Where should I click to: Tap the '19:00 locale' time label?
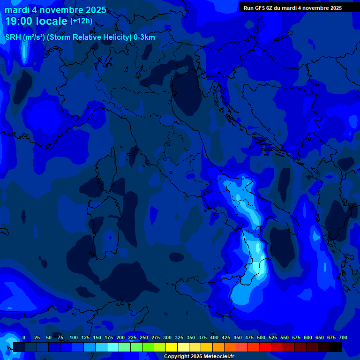point(37,21)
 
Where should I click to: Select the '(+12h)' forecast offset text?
point(81,21)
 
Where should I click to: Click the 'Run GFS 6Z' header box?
point(292,8)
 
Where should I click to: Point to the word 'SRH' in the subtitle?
point(13,37)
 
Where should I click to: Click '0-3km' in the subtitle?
point(144,37)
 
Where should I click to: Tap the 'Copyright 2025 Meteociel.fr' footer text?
point(199,357)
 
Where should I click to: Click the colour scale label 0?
point(24,338)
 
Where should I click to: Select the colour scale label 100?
point(74,338)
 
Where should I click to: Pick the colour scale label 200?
point(120,338)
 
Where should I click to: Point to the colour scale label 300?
point(167,338)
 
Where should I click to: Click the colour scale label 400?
point(214,338)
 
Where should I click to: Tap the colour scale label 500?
point(261,338)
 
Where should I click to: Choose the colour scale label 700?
point(343,338)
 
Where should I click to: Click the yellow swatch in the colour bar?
point(171,347)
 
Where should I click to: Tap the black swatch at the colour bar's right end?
point(335,347)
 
